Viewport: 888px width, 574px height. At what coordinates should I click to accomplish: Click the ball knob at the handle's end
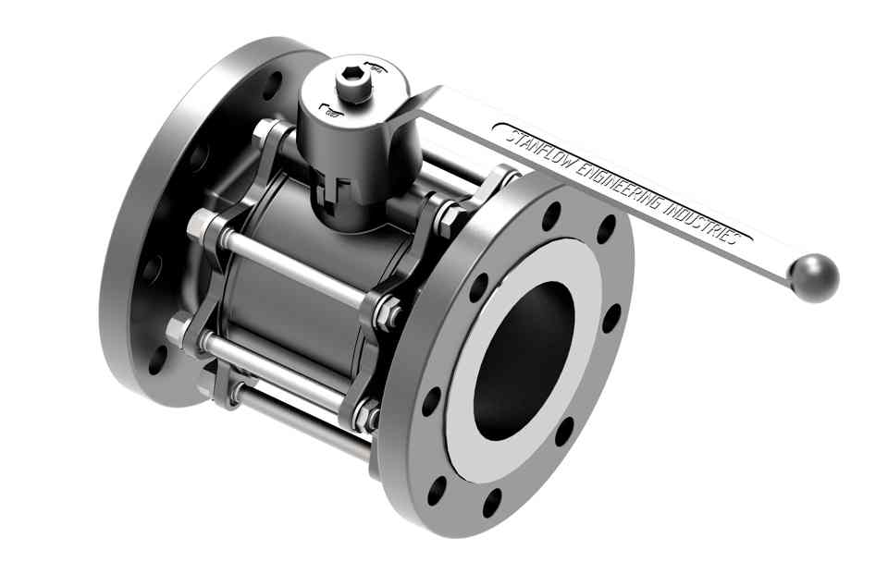(814, 278)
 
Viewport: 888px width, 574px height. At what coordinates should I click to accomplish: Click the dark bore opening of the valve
(523, 360)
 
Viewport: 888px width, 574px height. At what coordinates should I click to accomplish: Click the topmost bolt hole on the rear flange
(275, 93)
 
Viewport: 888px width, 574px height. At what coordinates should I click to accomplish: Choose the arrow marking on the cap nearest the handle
(374, 65)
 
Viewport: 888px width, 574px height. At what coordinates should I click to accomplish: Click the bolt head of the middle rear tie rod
(198, 226)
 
